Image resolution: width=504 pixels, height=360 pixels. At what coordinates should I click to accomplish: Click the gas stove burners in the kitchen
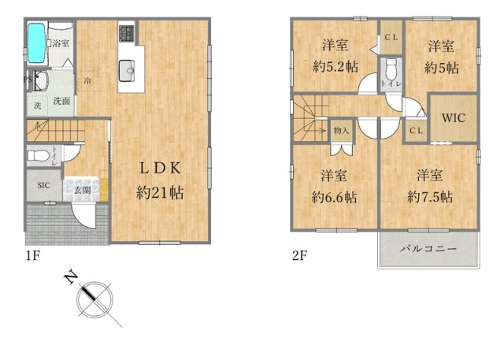point(126,34)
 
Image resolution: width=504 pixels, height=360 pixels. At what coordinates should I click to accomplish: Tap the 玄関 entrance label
point(82,190)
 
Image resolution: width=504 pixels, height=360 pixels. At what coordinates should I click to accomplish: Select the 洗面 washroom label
point(62,101)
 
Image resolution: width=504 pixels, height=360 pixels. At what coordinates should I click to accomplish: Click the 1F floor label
point(31,256)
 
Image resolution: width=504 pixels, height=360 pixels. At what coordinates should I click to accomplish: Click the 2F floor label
point(298,256)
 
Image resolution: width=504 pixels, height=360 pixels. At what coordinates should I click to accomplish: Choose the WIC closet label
point(453,119)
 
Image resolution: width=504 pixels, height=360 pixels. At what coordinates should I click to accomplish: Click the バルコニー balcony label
point(428,250)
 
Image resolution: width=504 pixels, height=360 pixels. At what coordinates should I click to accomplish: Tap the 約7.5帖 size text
point(429,197)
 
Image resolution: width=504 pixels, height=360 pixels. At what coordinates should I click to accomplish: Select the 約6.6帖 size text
point(334,197)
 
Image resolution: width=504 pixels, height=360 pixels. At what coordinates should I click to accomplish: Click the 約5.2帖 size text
point(334,67)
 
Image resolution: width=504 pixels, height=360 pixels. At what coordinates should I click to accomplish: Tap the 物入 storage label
point(341,130)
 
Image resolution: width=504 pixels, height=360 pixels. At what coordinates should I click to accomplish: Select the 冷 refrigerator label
point(87,80)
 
